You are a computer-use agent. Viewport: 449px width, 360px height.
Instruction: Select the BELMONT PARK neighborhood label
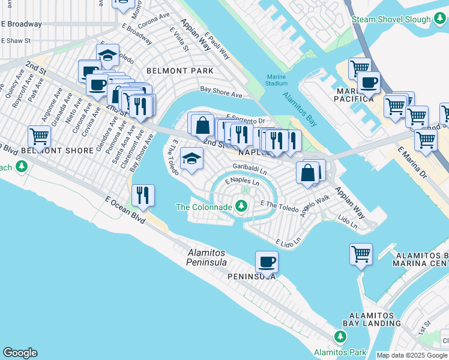pos(184,71)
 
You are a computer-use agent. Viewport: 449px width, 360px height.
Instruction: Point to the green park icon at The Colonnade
pos(241,207)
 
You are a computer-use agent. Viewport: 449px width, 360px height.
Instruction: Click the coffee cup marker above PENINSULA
pos(267,262)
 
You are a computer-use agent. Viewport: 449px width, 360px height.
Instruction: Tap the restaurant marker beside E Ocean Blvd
pos(143,194)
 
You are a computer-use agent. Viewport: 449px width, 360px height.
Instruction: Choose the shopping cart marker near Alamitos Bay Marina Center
pos(361,254)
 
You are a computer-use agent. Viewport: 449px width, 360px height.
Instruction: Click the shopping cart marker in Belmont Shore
pos(39,137)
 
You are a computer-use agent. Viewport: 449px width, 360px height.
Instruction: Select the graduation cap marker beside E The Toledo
pos(191,158)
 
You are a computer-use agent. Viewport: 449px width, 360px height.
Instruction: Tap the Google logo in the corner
pos(20,352)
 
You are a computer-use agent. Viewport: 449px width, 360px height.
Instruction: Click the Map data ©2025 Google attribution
pos(412,355)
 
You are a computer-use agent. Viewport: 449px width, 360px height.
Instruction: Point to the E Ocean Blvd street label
pos(125,209)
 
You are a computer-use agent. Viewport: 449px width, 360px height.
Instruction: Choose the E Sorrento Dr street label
pos(245,120)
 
